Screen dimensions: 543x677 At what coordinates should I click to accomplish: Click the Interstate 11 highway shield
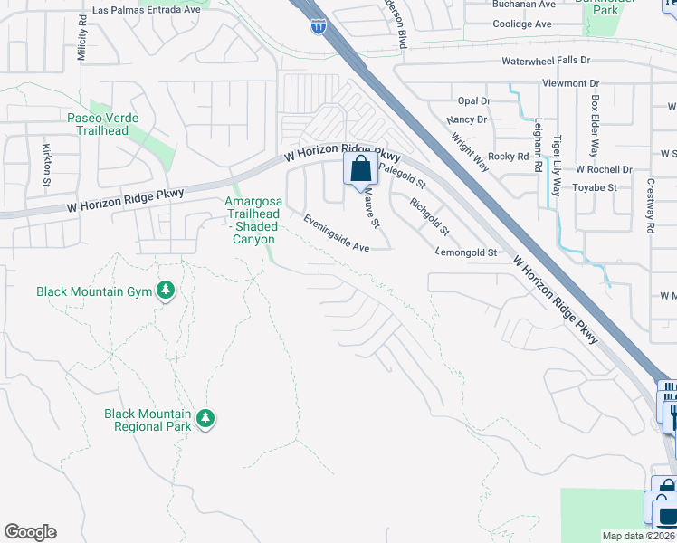[318, 26]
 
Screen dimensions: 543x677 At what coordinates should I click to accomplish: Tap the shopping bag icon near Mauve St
[360, 168]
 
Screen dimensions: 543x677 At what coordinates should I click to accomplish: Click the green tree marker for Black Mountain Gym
[165, 291]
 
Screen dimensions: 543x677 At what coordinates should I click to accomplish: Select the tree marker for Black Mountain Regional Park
[206, 417]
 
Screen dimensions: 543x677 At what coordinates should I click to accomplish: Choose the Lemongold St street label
[466, 252]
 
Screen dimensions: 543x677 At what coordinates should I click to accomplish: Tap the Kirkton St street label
[46, 164]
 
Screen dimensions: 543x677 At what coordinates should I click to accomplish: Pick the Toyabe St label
[595, 187]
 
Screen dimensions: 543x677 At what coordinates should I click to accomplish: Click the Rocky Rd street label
[508, 157]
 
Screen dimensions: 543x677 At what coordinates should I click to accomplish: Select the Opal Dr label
[473, 100]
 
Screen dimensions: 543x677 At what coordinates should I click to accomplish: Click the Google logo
[30, 532]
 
